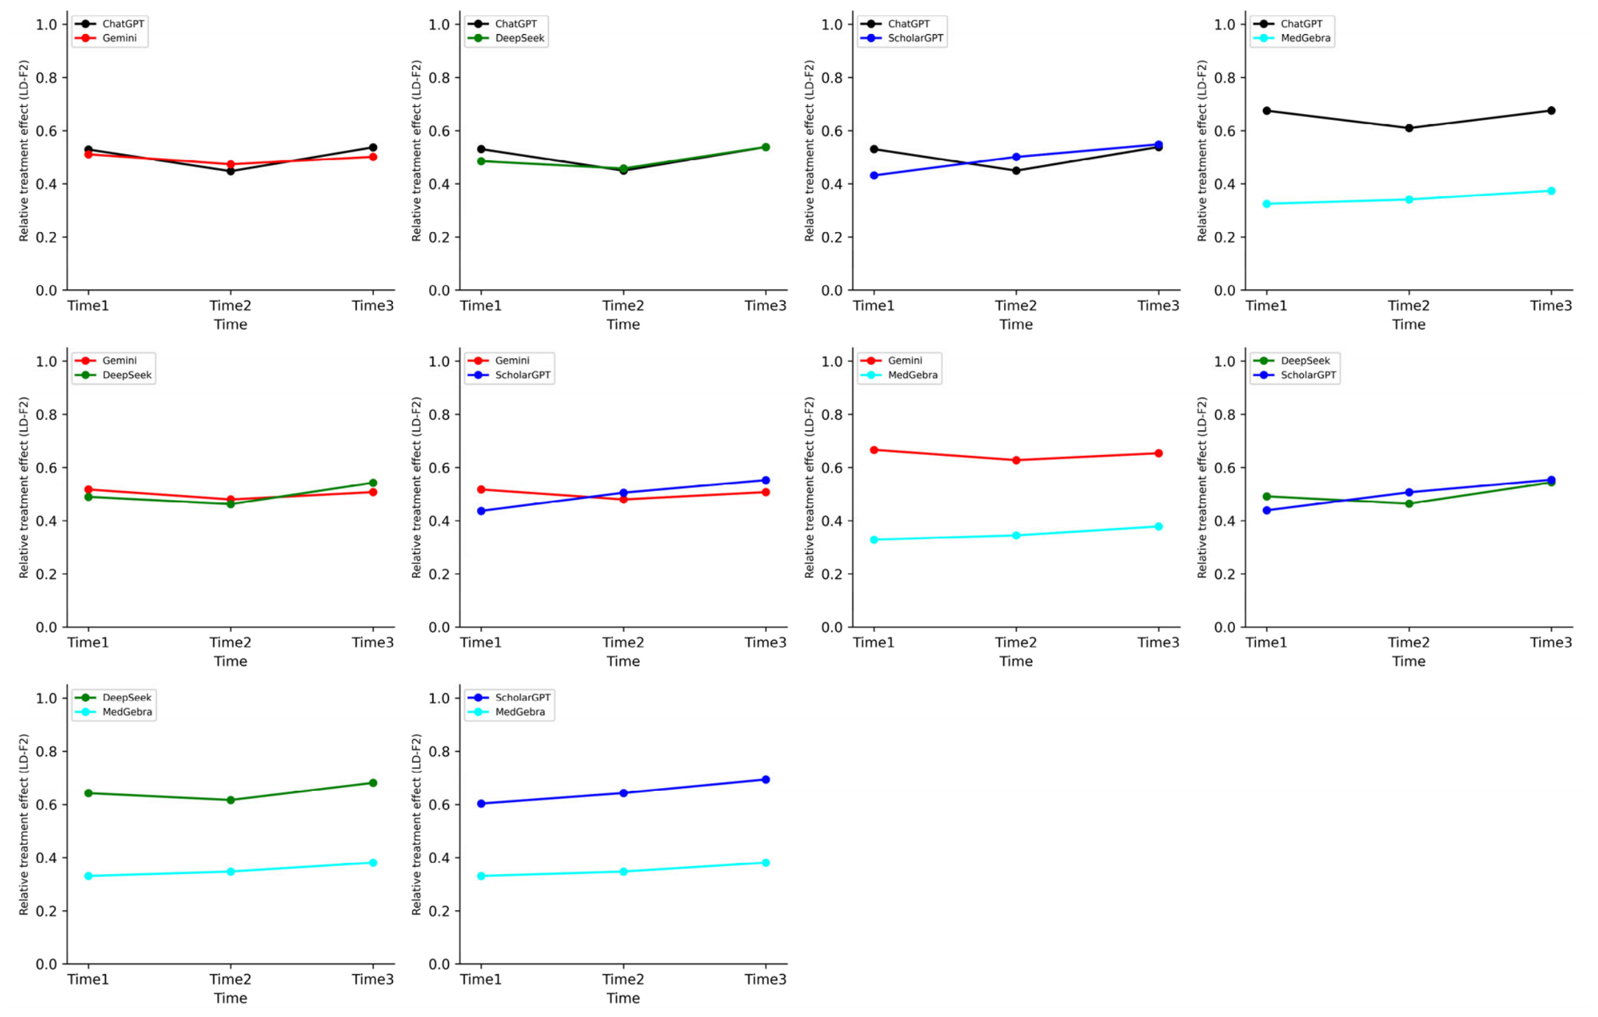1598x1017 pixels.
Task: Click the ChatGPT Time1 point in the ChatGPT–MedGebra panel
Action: [1267, 111]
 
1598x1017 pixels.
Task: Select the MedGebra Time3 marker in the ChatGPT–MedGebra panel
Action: [1551, 191]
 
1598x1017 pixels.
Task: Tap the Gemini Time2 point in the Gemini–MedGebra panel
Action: [1017, 460]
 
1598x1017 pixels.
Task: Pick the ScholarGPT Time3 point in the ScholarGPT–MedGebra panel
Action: [766, 779]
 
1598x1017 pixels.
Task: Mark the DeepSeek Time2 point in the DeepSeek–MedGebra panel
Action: [230, 800]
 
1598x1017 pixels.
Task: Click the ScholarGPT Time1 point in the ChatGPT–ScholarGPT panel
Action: [874, 175]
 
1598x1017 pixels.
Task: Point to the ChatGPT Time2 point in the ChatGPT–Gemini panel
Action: [230, 171]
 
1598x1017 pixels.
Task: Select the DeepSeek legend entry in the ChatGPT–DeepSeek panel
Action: [508, 38]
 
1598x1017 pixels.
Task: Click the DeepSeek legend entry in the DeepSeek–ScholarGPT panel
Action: [1293, 361]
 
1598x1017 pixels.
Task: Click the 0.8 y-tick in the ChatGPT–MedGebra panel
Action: [1225, 78]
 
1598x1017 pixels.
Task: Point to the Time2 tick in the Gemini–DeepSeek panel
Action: [230, 642]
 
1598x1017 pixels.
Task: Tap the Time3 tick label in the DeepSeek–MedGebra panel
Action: [372, 979]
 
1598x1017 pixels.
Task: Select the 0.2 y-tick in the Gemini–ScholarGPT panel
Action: [439, 574]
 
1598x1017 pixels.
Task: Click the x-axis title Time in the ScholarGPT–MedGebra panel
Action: [623, 999]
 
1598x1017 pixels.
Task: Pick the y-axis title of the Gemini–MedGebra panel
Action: [810, 488]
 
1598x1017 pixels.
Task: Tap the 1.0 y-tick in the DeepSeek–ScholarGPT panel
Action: [1225, 362]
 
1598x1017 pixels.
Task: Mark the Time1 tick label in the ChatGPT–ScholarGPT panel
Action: [874, 306]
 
